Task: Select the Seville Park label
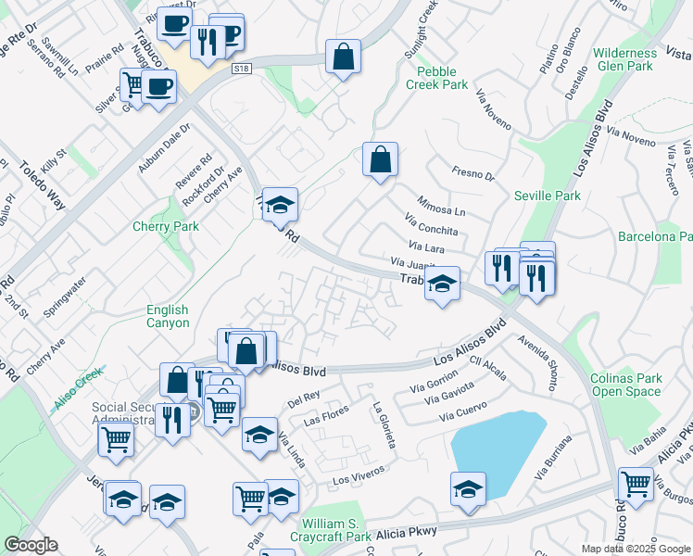coord(548,196)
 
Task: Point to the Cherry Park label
coord(166,226)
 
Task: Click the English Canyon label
coord(167,316)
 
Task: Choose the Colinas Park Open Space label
coord(626,385)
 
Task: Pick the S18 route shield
coord(242,69)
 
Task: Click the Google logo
coord(31,545)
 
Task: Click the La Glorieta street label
coord(384,425)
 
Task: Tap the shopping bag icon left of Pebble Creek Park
coord(344,57)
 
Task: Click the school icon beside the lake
coord(468,488)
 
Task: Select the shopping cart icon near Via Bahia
coord(636,483)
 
